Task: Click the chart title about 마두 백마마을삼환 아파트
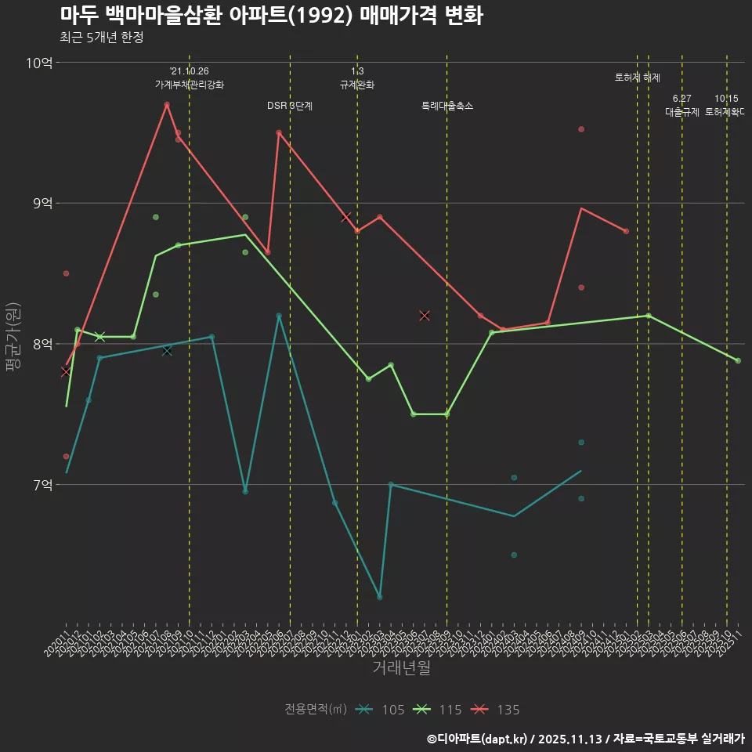[271, 15]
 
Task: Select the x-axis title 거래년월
[401, 668]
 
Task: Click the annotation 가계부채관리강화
[190, 85]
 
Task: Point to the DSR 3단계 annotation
[290, 106]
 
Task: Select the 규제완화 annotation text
[357, 85]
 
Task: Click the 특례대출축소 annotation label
[447, 106]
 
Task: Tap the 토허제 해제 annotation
[638, 78]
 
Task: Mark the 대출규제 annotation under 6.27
[682, 112]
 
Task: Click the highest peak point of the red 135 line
[167, 104]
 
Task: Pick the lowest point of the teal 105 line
[379, 597]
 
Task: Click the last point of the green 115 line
[738, 360]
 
